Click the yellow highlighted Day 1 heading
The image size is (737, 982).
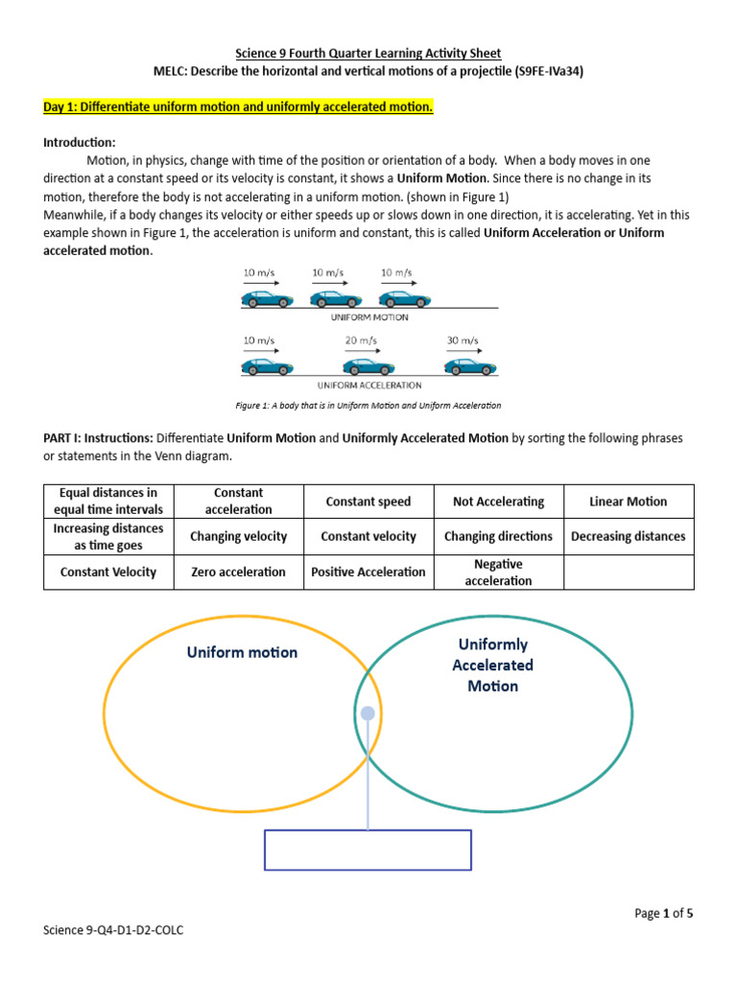click(x=238, y=107)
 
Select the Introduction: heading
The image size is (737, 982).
click(x=80, y=142)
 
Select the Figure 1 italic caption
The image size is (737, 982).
click(x=368, y=406)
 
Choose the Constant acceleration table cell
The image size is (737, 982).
click(x=238, y=501)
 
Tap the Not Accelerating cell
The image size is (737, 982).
click(x=498, y=501)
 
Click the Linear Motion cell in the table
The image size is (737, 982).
click(x=628, y=501)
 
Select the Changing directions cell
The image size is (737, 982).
click(x=498, y=536)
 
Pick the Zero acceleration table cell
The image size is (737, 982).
click(x=238, y=572)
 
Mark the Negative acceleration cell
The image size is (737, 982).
click(x=498, y=572)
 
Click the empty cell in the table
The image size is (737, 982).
click(x=628, y=572)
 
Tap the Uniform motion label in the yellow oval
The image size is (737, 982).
click(x=242, y=652)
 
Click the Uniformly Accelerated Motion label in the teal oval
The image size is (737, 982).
click(x=493, y=665)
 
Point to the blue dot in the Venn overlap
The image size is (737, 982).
click(x=368, y=713)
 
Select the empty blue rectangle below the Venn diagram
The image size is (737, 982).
click(x=368, y=850)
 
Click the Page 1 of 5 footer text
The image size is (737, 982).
click(x=663, y=913)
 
